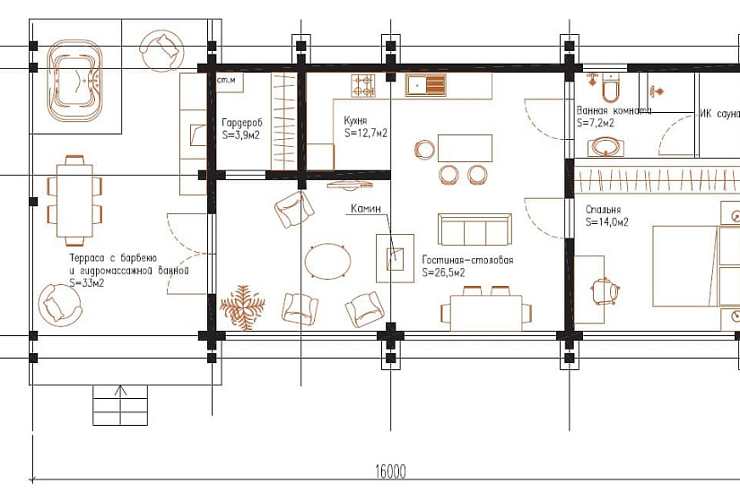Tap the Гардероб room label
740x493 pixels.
[241, 123]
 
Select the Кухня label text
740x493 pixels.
[355, 121]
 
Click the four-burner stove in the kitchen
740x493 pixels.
[363, 85]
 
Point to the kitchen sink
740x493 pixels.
[425, 85]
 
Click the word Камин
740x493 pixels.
[366, 209]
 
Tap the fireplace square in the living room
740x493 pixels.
[395, 258]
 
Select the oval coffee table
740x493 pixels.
[327, 262]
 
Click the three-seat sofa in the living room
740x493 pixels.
[474, 229]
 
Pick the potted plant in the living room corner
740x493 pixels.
[242, 307]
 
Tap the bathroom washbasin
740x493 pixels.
[605, 147]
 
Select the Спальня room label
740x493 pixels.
[603, 210]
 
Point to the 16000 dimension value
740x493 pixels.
[390, 471]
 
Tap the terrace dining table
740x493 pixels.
[74, 201]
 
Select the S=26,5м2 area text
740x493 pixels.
[443, 272]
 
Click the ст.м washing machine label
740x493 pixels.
[226, 80]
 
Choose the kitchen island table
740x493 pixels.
[465, 148]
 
